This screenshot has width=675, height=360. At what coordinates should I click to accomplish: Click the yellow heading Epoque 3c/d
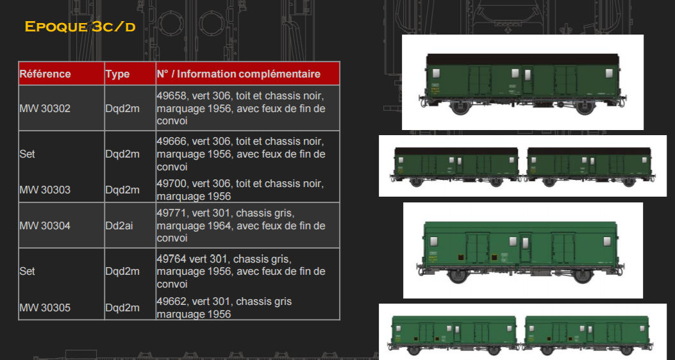point(80,27)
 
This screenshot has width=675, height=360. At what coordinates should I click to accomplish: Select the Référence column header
point(46,74)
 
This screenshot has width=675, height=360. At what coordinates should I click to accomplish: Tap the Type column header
point(117,74)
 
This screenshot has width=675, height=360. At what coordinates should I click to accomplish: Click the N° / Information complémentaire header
point(238,74)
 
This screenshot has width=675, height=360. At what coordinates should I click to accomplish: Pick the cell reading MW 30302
point(45,108)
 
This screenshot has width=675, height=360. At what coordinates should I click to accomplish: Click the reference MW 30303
point(45,190)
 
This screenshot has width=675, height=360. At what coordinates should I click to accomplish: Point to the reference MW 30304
point(45,226)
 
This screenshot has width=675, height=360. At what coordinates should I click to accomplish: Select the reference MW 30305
point(45,307)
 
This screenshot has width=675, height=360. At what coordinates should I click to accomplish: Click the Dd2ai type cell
point(119,226)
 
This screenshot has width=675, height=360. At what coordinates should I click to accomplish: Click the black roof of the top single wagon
point(522,60)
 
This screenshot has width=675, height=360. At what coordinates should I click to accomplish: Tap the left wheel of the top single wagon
point(460,107)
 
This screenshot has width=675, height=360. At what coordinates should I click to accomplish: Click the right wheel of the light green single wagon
point(582,275)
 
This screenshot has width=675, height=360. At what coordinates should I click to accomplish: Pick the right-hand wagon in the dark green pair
point(589,167)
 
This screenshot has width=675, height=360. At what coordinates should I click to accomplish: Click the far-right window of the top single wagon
point(609,73)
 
